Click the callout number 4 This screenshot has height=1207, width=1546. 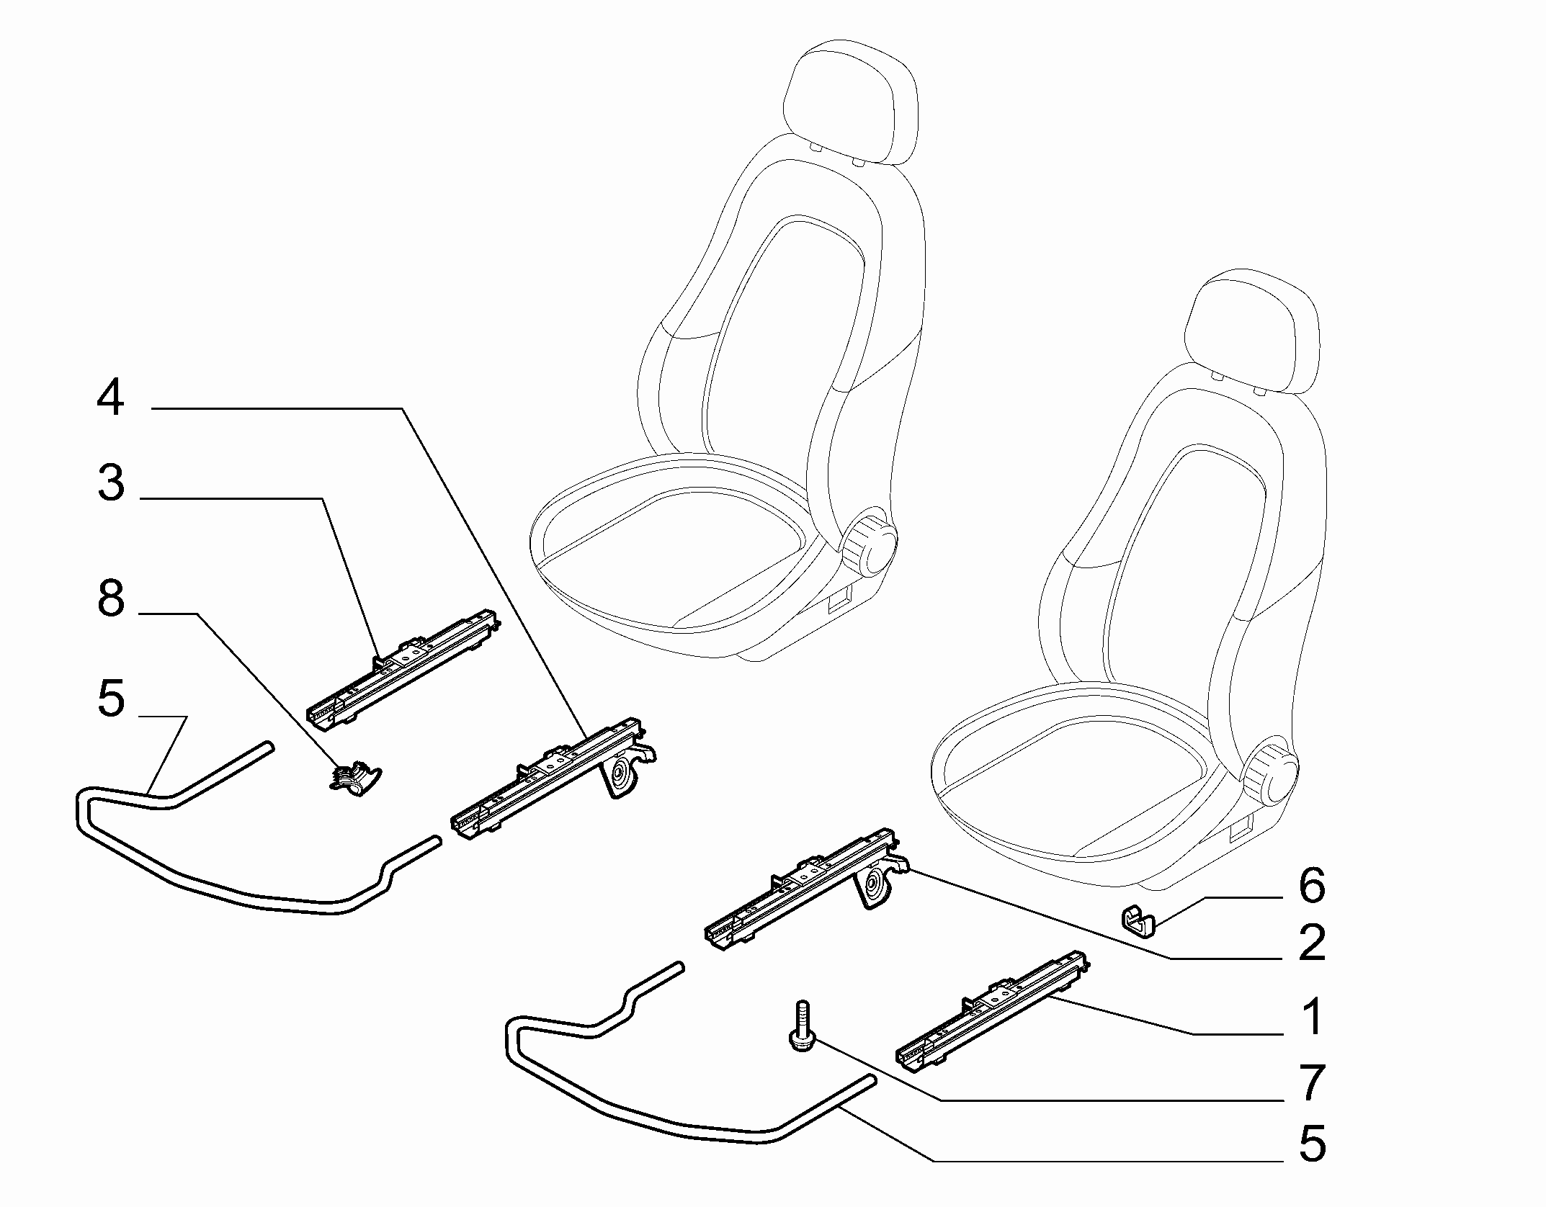111,398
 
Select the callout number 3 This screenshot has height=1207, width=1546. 111,483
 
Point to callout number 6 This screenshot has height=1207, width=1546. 1311,885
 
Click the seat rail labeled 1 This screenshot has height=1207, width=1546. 991,1009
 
